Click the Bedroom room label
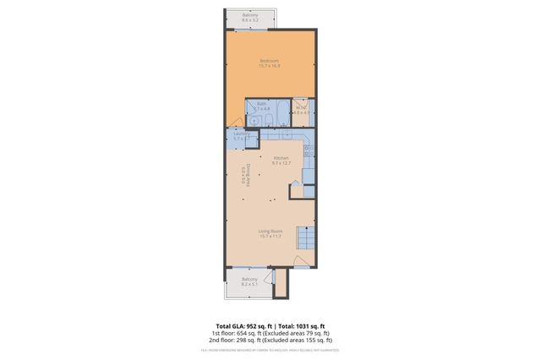(270, 60)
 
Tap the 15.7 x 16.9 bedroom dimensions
(270, 65)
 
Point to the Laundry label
(241, 135)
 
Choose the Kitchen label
(281, 158)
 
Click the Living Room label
(270, 231)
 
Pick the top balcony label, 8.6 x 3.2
(250, 15)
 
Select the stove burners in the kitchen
(309, 152)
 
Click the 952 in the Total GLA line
(252, 325)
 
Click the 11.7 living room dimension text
(276, 236)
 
